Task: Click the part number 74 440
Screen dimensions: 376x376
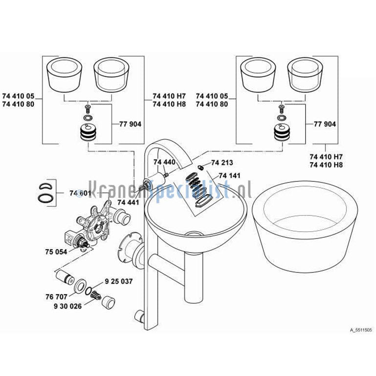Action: click(164, 162)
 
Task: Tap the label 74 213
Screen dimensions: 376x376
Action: click(222, 163)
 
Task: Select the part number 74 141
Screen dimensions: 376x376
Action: click(229, 176)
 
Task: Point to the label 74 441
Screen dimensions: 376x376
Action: click(128, 202)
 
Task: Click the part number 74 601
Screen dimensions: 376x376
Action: click(80, 193)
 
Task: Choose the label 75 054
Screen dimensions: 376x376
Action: click(56, 252)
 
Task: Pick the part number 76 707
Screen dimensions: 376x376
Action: click(56, 297)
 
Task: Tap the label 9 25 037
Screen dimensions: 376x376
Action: click(119, 281)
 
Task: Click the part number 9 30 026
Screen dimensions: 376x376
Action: click(67, 306)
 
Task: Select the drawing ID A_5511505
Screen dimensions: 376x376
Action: click(361, 330)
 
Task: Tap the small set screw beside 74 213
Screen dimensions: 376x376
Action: click(201, 167)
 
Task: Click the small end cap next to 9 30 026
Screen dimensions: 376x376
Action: click(109, 302)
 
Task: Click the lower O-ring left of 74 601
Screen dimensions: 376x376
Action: click(45, 197)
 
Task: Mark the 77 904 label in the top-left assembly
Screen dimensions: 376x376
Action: click(130, 124)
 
